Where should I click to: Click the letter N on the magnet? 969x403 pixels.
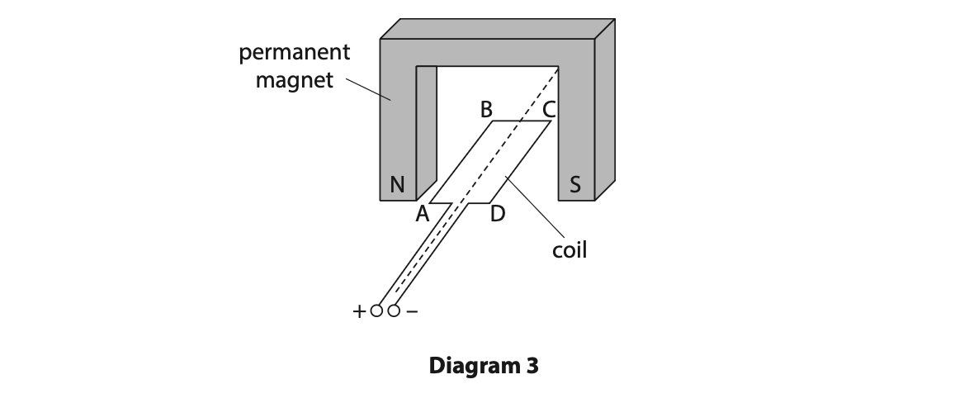point(397,185)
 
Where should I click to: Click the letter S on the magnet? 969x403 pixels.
point(575,185)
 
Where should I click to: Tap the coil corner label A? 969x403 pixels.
point(423,215)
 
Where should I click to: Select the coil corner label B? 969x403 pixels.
point(485,108)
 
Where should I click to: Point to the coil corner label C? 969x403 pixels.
point(549,108)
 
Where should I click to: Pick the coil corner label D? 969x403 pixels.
point(497,215)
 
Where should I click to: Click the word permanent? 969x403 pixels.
point(295,54)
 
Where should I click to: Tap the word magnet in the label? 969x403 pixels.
point(295,80)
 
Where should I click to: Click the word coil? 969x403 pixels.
point(570,250)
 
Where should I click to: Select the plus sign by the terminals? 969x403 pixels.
point(358,312)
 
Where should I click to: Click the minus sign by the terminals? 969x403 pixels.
point(413,312)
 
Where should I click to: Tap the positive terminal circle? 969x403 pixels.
point(377,311)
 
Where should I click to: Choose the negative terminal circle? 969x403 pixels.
point(394,311)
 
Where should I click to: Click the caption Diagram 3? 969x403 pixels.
point(484,365)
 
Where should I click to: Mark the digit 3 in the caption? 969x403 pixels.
point(532,365)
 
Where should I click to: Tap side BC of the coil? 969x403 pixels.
point(522,121)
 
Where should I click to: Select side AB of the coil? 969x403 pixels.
point(461,162)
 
